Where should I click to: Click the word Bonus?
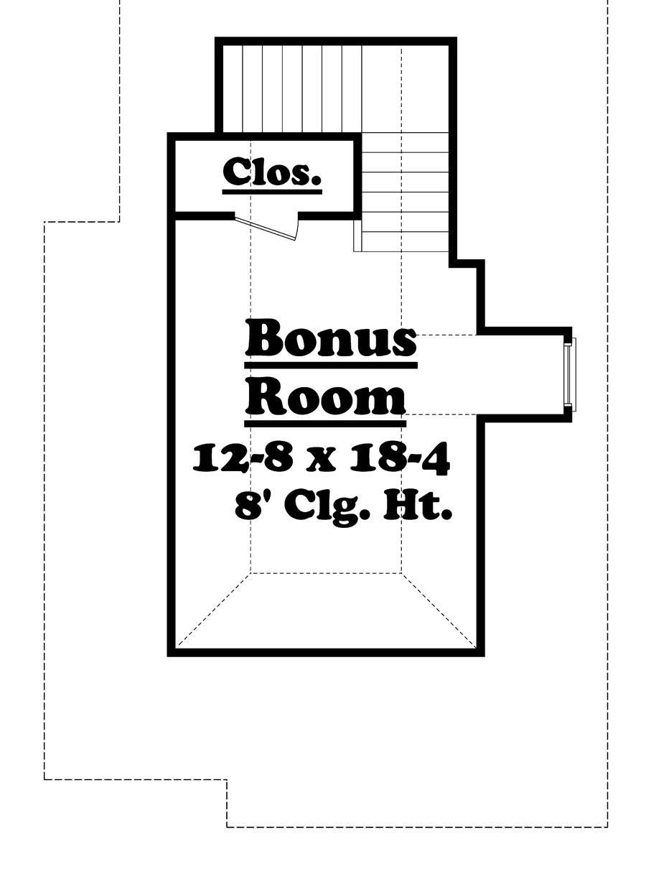(x=331, y=340)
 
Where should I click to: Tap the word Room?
(x=325, y=396)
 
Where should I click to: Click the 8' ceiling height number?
(x=245, y=507)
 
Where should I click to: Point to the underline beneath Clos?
(x=272, y=192)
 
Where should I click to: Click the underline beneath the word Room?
(x=325, y=420)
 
